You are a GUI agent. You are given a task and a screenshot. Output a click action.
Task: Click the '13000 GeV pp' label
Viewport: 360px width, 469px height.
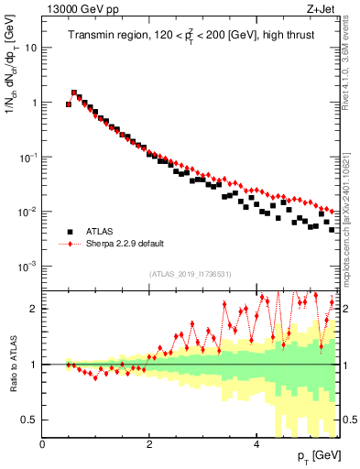click(75, 9)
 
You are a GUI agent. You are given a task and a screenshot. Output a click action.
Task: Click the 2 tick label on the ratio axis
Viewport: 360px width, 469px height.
click(34, 309)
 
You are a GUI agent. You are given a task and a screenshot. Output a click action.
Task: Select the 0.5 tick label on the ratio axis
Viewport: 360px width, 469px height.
click(30, 420)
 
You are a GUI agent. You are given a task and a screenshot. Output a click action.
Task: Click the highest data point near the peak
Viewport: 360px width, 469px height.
click(74, 93)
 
